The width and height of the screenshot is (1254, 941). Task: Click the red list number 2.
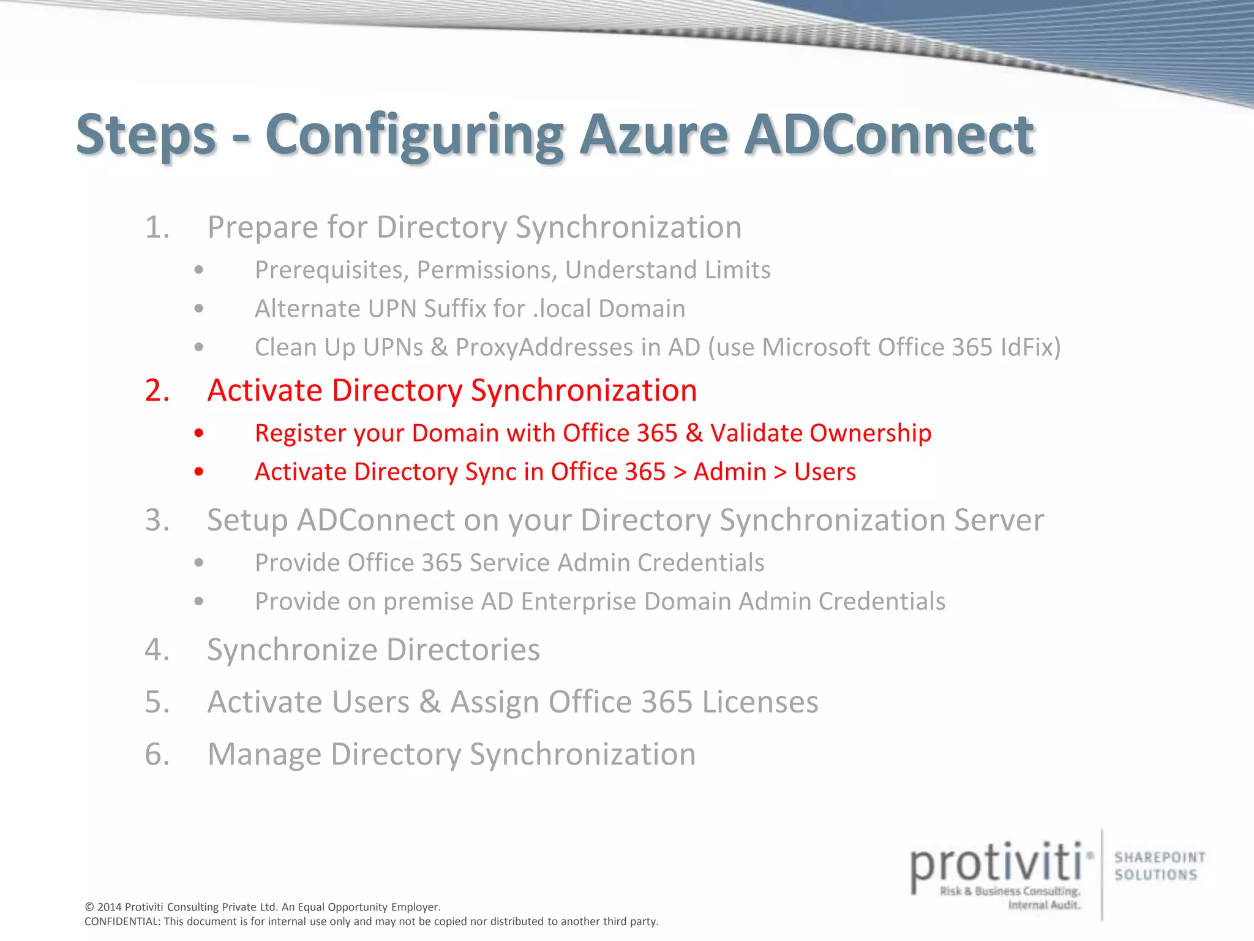click(157, 390)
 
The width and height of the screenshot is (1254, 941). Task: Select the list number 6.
click(157, 754)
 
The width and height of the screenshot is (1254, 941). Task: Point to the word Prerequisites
click(331, 270)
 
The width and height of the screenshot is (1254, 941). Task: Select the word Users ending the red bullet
click(825, 472)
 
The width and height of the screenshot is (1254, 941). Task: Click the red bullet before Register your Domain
click(198, 433)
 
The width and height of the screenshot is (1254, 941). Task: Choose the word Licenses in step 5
click(760, 702)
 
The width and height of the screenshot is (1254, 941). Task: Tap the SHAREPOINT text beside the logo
click(1160, 857)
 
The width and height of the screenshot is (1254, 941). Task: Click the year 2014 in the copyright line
click(110, 907)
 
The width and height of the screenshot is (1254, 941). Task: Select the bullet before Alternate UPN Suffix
click(198, 309)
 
